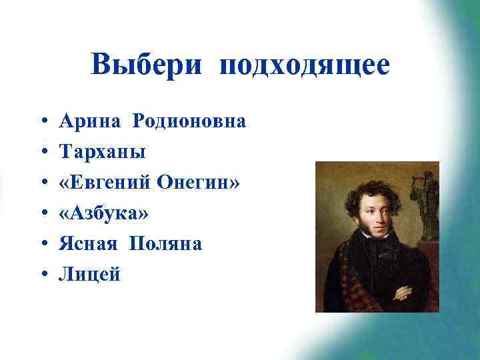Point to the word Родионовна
pyautogui.click(x=189, y=122)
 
